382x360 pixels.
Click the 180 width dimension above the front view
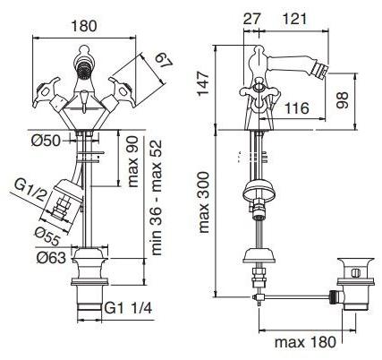[x=84, y=26]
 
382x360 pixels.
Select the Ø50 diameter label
[x=46, y=140]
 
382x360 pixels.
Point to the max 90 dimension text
[x=133, y=161]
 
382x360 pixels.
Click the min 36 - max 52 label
[x=157, y=197]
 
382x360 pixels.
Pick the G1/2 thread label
[x=30, y=190]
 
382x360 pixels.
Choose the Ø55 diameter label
[x=47, y=236]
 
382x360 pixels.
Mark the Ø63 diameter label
[x=51, y=258]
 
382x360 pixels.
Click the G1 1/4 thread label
[x=128, y=308]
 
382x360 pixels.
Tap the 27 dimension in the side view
[x=252, y=19]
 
